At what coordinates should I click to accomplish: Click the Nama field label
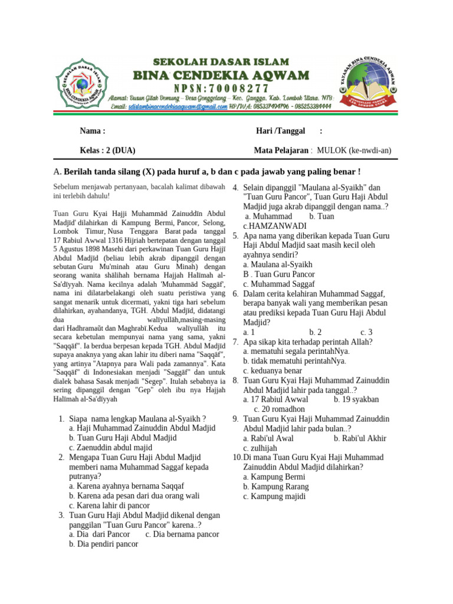tap(93, 131)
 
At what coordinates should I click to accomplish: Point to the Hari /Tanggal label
tap(280, 131)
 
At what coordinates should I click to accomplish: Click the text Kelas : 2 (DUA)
tap(108, 150)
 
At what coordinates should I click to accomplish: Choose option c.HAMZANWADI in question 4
tap(275, 226)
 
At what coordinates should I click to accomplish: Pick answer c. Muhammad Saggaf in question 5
tap(279, 284)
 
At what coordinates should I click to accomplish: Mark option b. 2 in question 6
tap(315, 332)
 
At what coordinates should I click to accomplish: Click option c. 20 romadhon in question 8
tap(279, 409)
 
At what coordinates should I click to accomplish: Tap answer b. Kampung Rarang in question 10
tap(276, 487)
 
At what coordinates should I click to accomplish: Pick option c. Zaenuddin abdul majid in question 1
tap(110, 448)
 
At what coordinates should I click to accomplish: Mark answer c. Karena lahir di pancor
tap(110, 505)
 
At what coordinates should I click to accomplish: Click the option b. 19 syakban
tap(356, 399)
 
